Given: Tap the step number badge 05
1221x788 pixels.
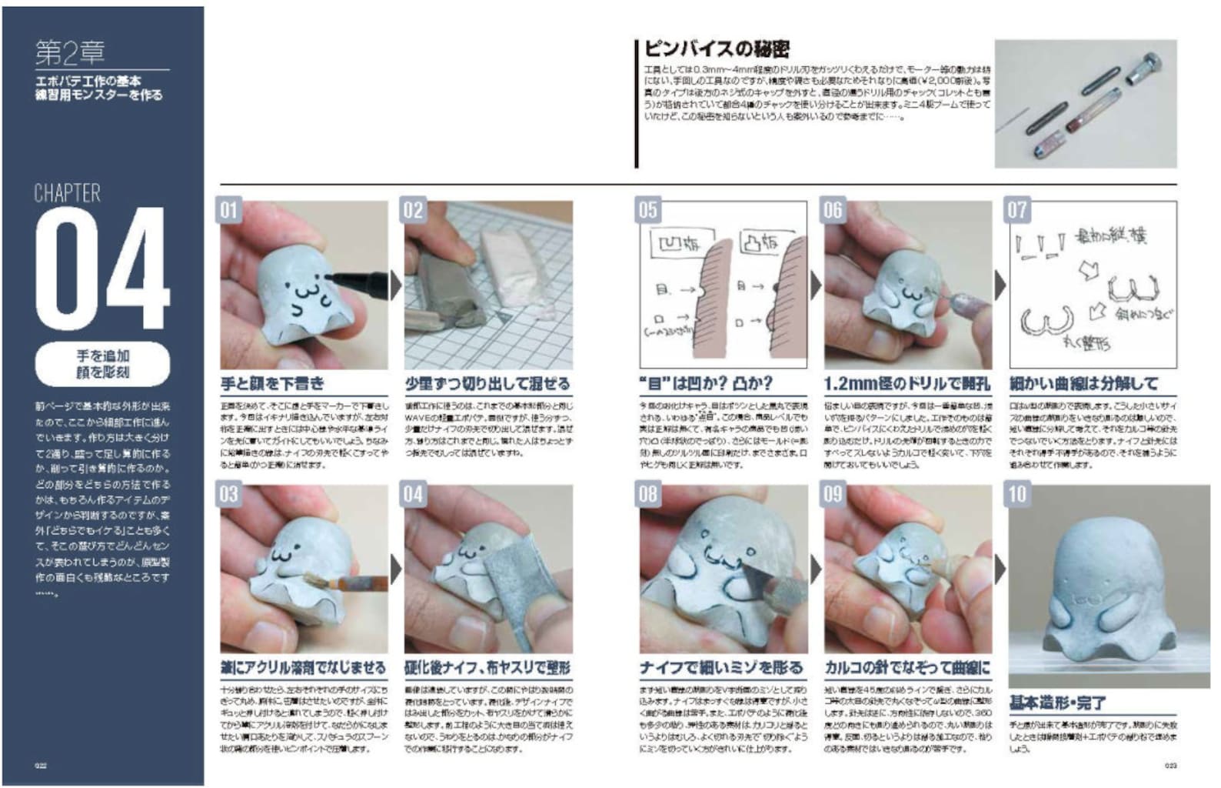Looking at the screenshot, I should pyautogui.click(x=648, y=210).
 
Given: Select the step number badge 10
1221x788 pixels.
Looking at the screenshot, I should pyautogui.click(x=1017, y=494).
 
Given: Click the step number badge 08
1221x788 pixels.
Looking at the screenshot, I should pyautogui.click(x=648, y=494).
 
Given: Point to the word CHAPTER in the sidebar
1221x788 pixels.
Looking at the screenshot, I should pyautogui.click(x=68, y=192).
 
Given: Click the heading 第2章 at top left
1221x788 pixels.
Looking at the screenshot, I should pyautogui.click(x=70, y=52).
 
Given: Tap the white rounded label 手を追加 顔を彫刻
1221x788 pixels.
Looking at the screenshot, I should pyautogui.click(x=102, y=364).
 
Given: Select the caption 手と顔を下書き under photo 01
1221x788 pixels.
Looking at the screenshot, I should pyautogui.click(x=273, y=383).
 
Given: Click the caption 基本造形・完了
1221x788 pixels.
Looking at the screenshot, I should pyautogui.click(x=1057, y=703).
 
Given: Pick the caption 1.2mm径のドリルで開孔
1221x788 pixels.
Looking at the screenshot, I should pyautogui.click(x=907, y=383).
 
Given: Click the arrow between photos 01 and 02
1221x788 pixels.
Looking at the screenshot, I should pyautogui.click(x=396, y=285).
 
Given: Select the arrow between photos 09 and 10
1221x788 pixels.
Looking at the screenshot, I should pyautogui.click(x=1000, y=569).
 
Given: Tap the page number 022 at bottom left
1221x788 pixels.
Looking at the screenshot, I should pyautogui.click(x=40, y=766).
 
